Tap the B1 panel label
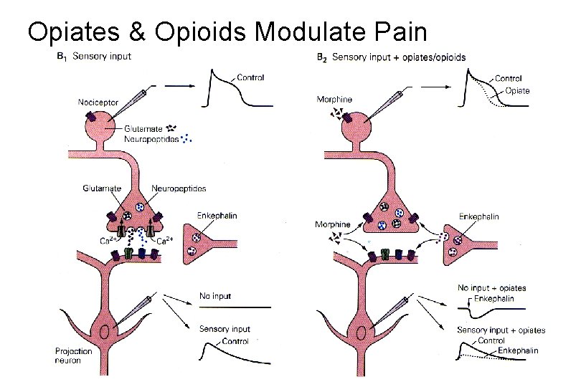click(63, 56)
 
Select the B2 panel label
click(322, 57)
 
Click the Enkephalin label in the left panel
click(217, 216)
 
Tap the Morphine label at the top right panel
click(334, 99)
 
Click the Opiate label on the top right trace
click(519, 90)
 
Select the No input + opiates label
click(491, 288)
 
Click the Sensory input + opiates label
click(501, 330)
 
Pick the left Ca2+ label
click(108, 241)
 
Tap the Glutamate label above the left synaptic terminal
click(102, 188)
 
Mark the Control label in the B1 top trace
click(250, 77)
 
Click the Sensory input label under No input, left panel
click(225, 329)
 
